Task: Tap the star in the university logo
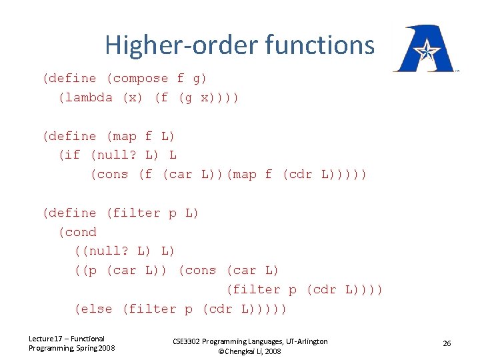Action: point(424,51)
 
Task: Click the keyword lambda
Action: point(89,97)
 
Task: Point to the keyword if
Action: point(73,155)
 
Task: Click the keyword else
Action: point(97,309)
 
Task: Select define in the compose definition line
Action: point(73,78)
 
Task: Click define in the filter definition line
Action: point(73,213)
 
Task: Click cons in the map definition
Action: point(113,175)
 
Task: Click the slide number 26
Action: point(447,343)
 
